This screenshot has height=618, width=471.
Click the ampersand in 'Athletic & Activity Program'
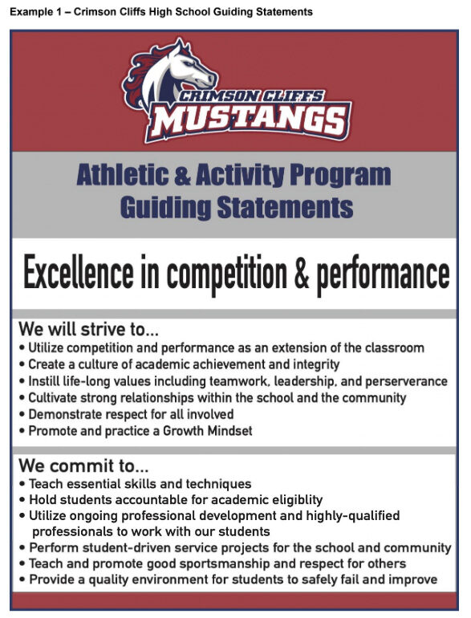tap(181, 176)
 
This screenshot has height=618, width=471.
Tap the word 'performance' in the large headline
tap(383, 276)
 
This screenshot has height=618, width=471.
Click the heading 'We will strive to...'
tap(89, 330)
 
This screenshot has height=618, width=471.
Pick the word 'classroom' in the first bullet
tap(395, 348)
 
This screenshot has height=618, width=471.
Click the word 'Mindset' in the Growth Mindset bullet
tap(229, 430)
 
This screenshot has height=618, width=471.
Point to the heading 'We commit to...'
tap(83, 466)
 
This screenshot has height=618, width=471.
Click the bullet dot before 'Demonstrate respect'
tap(22, 415)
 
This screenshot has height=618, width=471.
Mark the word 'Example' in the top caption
tap(30, 12)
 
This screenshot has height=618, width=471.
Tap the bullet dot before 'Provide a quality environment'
tap(22, 580)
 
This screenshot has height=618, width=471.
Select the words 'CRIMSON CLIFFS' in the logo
tap(250, 96)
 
